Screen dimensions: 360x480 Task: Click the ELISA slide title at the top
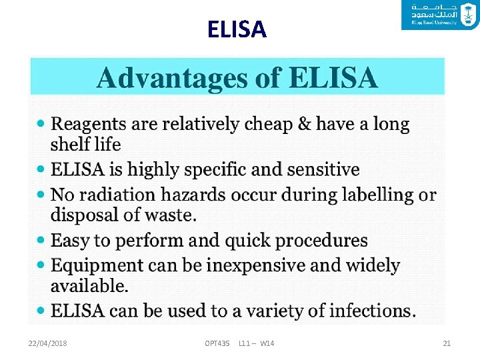(237, 29)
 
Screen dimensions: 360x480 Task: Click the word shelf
(71, 144)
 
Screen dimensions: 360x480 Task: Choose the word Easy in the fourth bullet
(70, 240)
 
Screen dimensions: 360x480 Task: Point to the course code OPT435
(217, 343)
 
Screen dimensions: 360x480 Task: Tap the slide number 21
(447, 343)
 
